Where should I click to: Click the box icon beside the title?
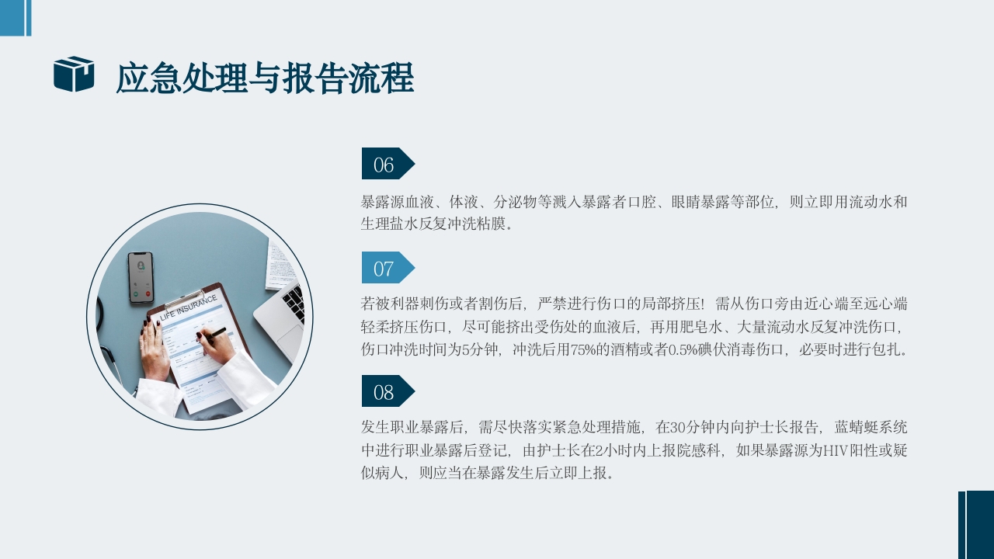tap(74, 75)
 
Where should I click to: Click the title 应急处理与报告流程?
tap(264, 78)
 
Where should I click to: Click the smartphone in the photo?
tap(141, 277)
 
